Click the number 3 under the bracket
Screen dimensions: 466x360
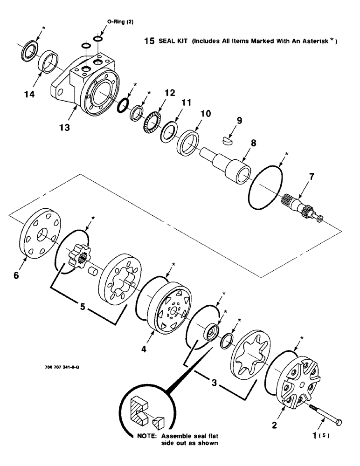tap(214, 383)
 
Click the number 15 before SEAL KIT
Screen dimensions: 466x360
tap(149, 41)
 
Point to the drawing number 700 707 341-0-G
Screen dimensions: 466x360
tap(62, 367)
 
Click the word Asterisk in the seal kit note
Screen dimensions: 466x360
tap(311, 41)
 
